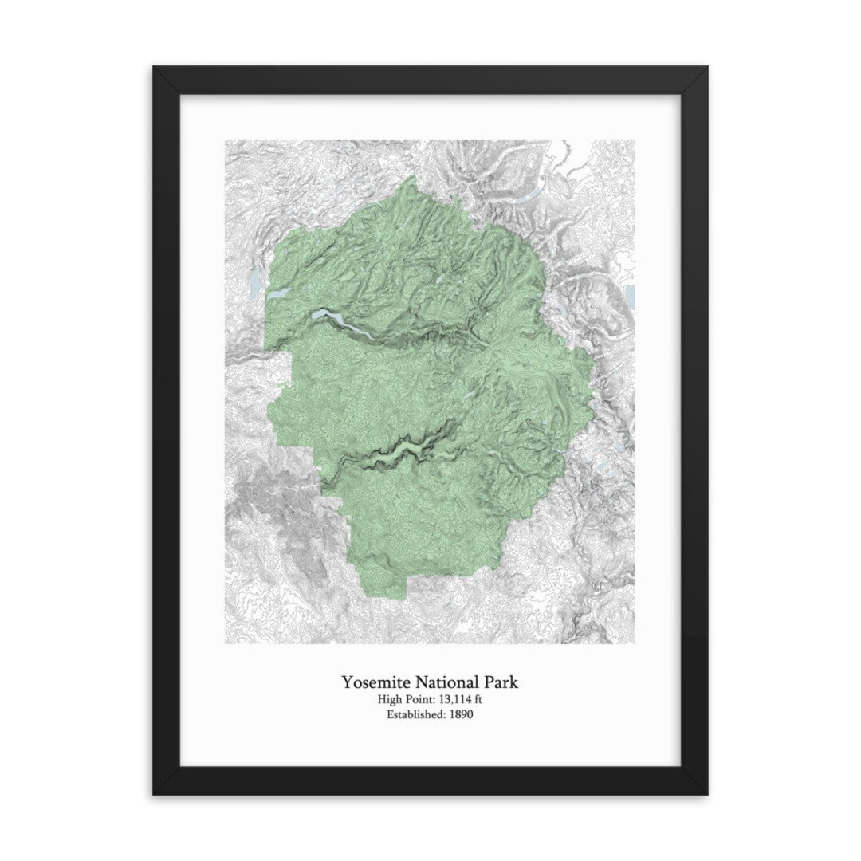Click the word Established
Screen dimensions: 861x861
click(415, 714)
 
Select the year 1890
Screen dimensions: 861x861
click(460, 714)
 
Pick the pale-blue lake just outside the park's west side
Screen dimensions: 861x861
click(254, 282)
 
